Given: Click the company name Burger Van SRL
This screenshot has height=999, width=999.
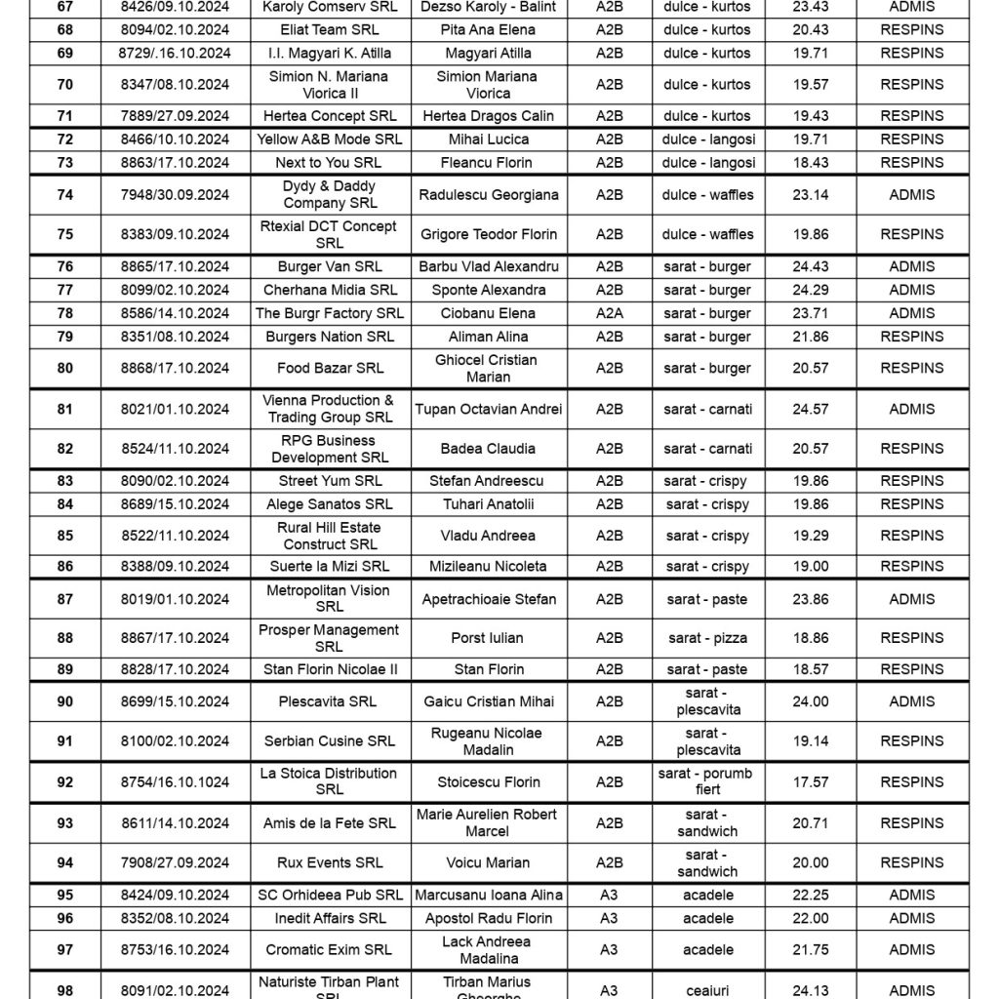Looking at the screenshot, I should point(330,266).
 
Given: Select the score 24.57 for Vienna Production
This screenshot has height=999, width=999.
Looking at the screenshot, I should point(811,409).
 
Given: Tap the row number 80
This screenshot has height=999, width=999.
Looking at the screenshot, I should point(64,369).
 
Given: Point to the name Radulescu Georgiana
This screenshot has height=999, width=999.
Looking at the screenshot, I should point(489,195).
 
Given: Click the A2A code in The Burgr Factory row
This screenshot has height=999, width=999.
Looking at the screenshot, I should point(609,313).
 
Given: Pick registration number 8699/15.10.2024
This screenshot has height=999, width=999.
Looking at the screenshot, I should point(176,701).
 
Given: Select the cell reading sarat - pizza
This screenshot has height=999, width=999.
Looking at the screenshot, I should point(707,638).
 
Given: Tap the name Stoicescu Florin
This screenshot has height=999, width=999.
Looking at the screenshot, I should point(489,781).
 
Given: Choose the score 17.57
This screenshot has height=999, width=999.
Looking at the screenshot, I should point(811,781).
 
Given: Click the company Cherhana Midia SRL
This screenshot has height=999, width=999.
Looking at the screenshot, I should point(330,290).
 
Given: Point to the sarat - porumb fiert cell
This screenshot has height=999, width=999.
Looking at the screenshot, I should point(707,781).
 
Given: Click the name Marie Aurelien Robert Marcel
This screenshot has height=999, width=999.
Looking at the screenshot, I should point(489,822).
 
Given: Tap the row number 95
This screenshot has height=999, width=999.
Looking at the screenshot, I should point(64,895).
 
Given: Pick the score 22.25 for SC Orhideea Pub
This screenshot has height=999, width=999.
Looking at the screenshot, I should point(811,895).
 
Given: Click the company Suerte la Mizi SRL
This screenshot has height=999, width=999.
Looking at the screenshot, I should point(330,566).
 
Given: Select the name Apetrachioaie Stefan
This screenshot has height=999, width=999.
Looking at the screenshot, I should point(489,599).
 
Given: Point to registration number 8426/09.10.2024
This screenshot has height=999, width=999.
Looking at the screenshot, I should point(176,6).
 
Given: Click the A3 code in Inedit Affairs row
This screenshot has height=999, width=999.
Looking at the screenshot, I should point(609,918).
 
